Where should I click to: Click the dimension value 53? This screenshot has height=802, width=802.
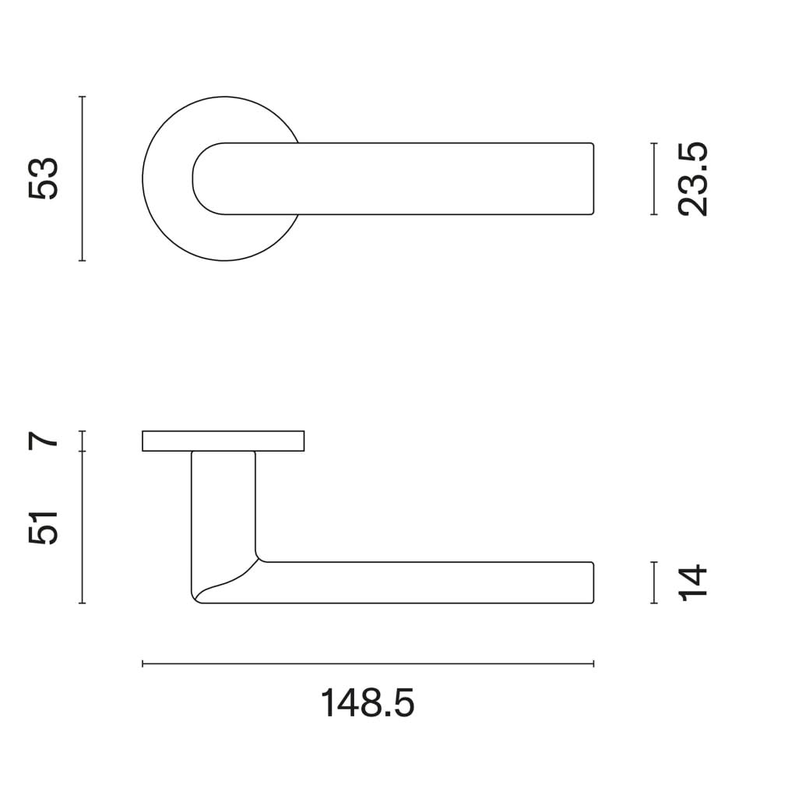click(44, 178)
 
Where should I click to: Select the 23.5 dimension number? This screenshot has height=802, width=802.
click(692, 178)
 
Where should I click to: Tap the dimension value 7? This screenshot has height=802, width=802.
click(44, 440)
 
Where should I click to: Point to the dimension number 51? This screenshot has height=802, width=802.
click(44, 527)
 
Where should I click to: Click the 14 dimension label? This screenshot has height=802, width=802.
click(692, 582)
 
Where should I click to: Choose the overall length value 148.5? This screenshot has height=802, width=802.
click(368, 704)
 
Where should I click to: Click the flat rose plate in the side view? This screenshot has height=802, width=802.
click(223, 441)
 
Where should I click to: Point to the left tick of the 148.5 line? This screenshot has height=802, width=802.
click(142, 664)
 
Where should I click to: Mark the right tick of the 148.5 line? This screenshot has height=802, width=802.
click(594, 664)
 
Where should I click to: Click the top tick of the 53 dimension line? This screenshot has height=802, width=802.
click(83, 97)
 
